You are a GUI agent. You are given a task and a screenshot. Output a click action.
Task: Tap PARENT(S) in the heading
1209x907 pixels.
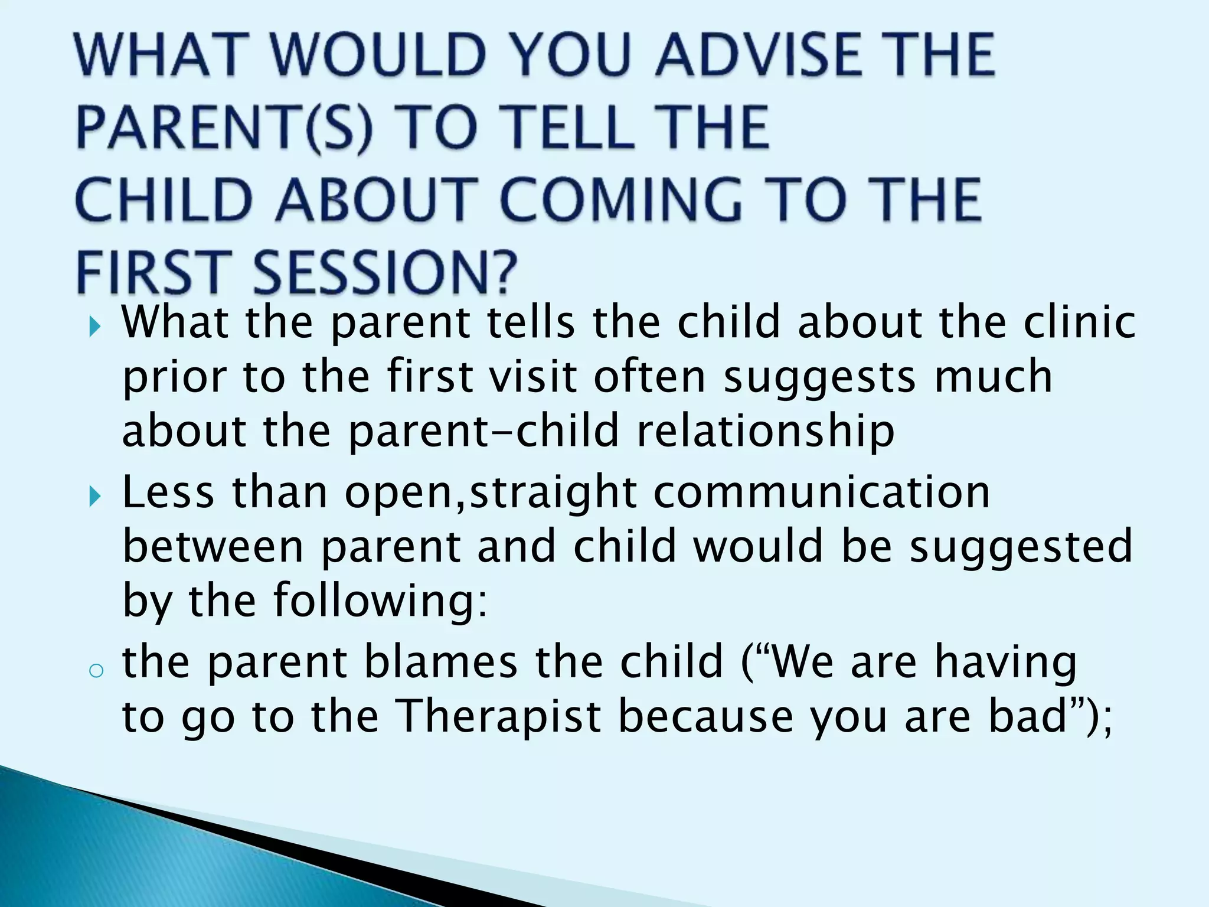224,128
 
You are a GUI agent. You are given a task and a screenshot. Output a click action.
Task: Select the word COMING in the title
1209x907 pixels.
620,200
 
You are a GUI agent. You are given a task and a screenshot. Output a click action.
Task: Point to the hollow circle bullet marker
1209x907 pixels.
95,670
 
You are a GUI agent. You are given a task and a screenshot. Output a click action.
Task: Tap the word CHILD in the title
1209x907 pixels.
165,200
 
